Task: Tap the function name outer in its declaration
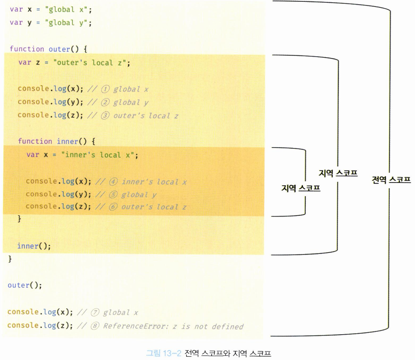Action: click(59, 48)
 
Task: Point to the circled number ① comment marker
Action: click(106, 89)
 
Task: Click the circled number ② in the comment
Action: click(106, 102)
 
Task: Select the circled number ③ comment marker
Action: click(106, 115)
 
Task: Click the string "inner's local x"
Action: click(97, 155)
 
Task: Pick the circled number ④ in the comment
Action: click(114, 182)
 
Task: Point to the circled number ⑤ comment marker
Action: click(114, 195)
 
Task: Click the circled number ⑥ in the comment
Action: click(114, 207)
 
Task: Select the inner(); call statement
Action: click(34, 246)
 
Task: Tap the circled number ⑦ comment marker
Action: click(95, 312)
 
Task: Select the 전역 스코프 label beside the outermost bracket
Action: click(391, 180)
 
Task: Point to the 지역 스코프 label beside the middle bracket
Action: click(338, 173)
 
